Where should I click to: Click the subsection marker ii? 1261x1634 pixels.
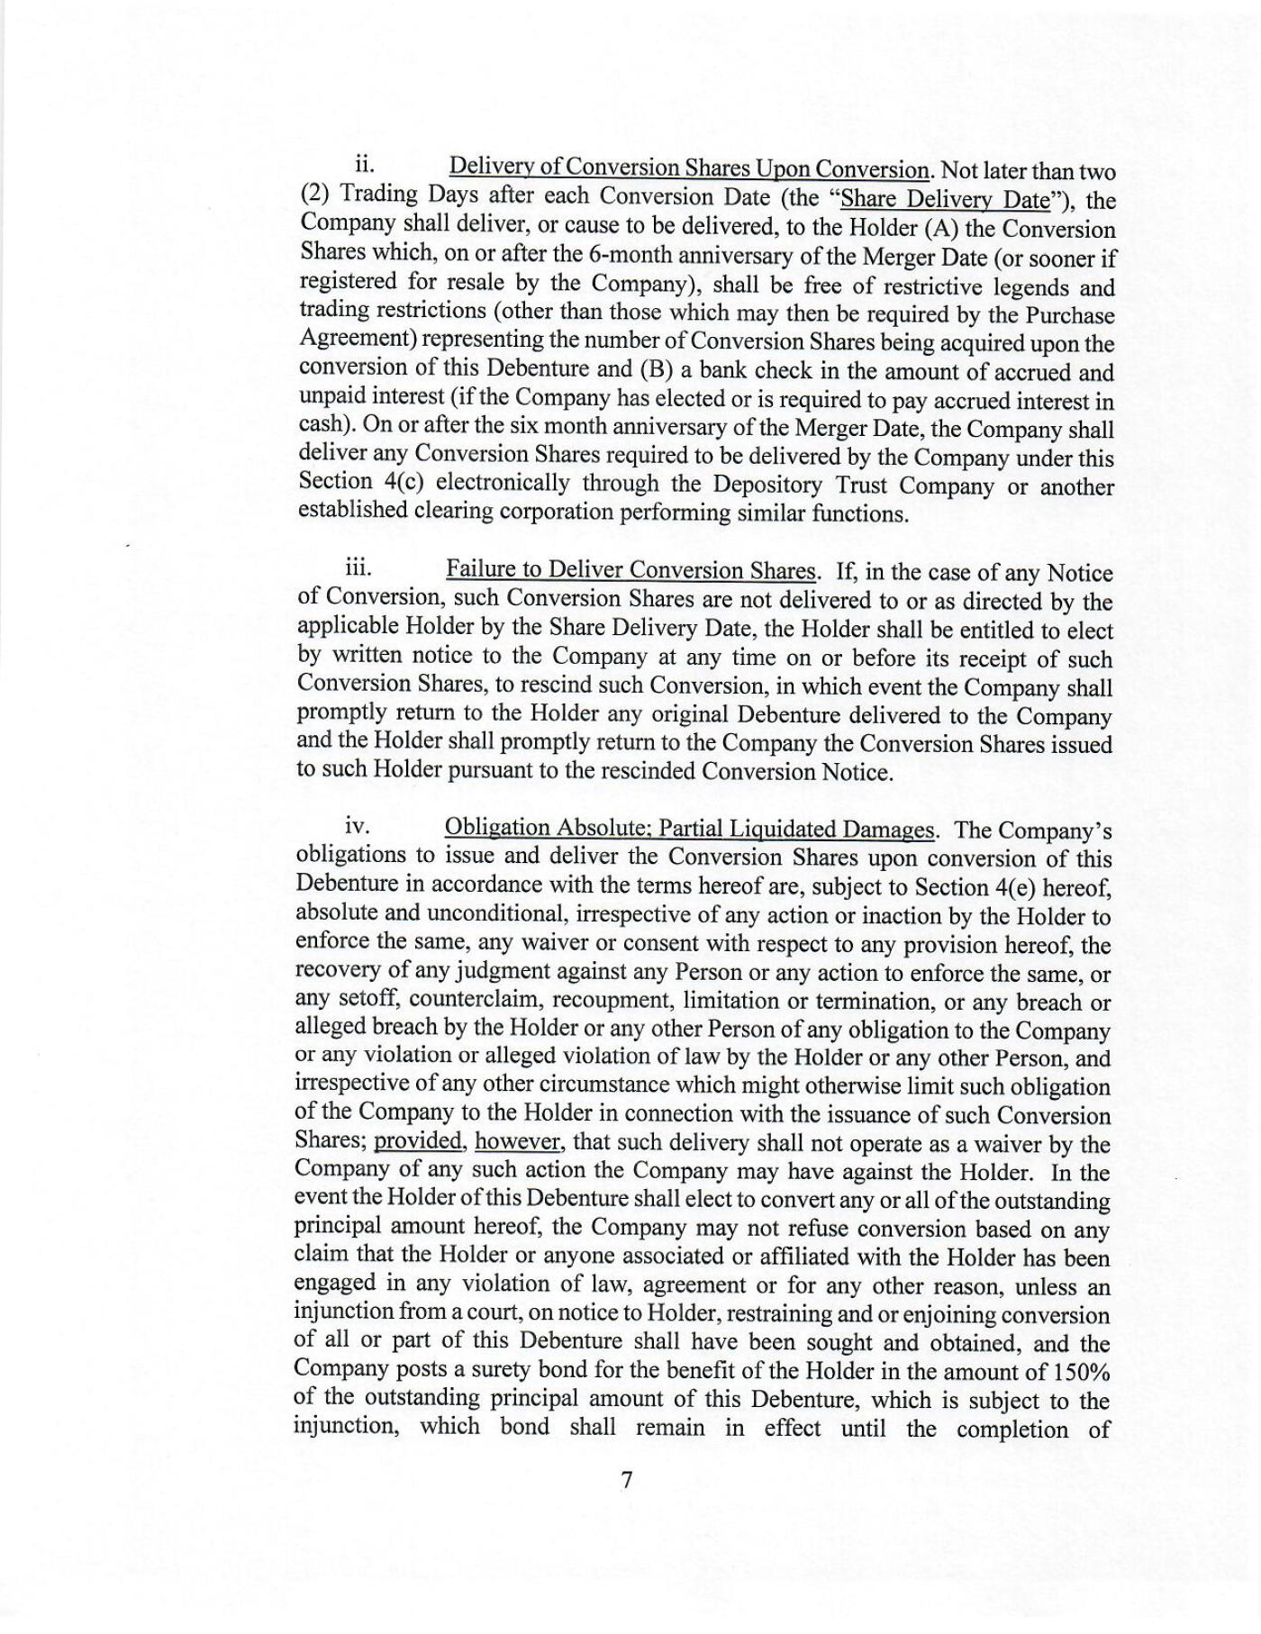point(364,164)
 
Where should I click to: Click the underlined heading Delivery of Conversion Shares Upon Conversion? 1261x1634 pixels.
point(689,168)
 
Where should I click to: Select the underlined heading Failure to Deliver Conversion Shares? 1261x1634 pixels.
point(630,570)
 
